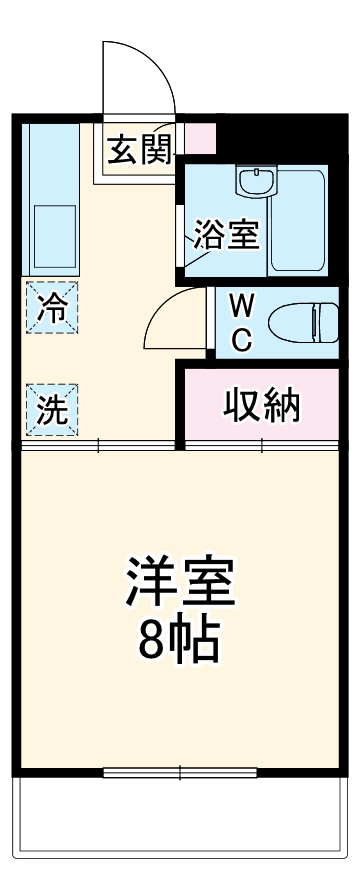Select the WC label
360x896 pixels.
[x=242, y=320]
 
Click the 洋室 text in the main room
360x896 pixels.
[x=180, y=580]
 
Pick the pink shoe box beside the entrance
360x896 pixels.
[x=200, y=137]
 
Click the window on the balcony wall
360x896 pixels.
[x=180, y=772]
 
